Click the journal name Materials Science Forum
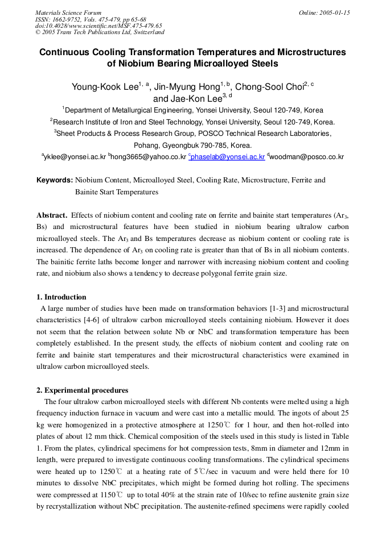click(x=68, y=13)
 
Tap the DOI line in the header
click(x=98, y=26)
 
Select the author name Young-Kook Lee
click(x=105, y=87)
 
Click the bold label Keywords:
click(x=55, y=180)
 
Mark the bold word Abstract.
click(x=52, y=215)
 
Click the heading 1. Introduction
click(x=61, y=297)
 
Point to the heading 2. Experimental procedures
click(x=83, y=390)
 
